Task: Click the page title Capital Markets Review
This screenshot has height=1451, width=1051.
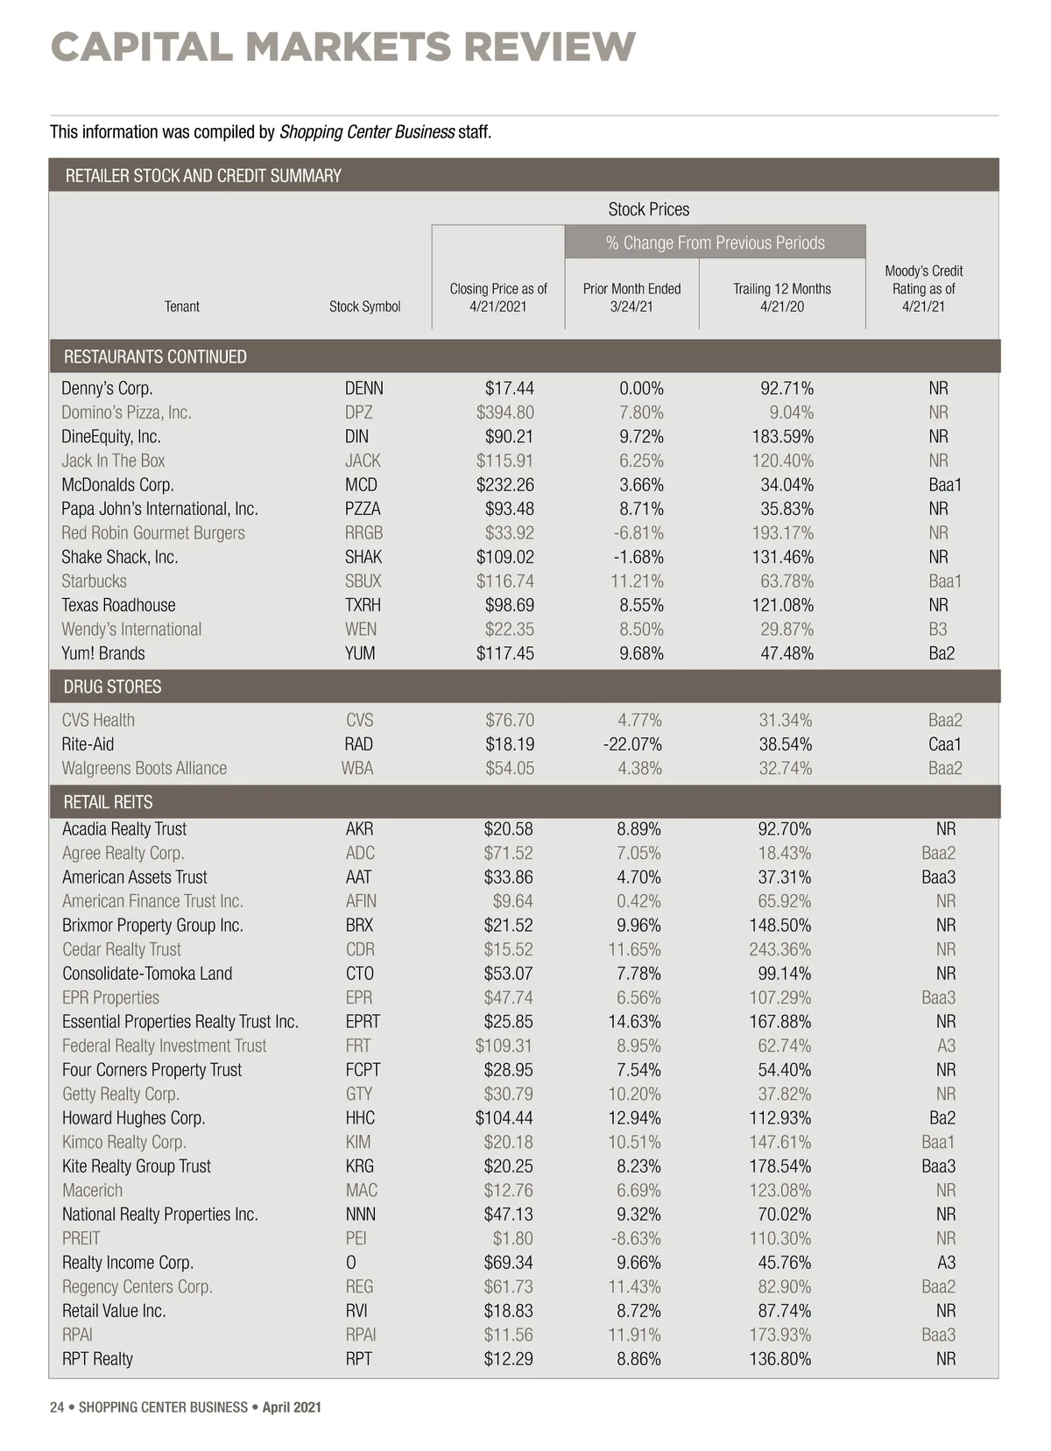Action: click(x=342, y=46)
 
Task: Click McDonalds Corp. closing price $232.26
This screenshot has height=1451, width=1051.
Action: click(x=504, y=484)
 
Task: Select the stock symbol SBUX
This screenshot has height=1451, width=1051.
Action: click(x=363, y=581)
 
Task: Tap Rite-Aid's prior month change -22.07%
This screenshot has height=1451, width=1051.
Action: click(x=632, y=744)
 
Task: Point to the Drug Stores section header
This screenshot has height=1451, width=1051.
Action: click(x=112, y=687)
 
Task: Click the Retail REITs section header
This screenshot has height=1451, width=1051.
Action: click(x=108, y=802)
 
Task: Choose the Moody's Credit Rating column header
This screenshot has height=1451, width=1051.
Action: click(x=923, y=288)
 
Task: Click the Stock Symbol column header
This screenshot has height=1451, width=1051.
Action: click(x=364, y=306)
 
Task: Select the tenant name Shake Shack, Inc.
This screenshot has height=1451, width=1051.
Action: click(x=119, y=557)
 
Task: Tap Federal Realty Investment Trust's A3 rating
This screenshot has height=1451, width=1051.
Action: click(x=946, y=1046)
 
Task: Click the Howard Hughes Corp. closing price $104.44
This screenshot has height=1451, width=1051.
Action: click(x=504, y=1117)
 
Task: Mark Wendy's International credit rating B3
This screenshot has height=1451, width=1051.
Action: click(x=938, y=629)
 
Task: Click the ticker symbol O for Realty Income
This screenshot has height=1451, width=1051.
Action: click(x=351, y=1263)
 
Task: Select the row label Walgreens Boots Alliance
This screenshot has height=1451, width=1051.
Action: click(x=144, y=768)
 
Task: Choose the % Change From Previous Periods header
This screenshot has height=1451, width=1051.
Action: click(x=715, y=243)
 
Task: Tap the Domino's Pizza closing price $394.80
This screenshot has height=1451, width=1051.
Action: click(x=504, y=412)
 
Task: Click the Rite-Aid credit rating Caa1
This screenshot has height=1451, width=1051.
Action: click(x=944, y=744)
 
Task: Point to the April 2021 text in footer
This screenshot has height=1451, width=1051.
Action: click(x=292, y=1407)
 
